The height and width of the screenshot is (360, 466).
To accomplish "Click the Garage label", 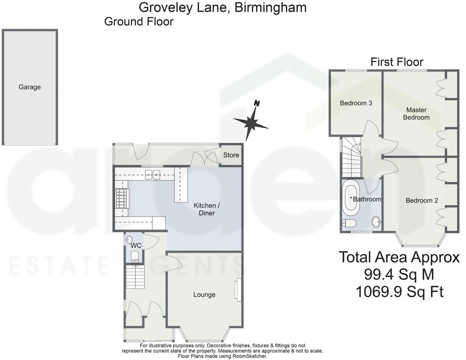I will point(30,87).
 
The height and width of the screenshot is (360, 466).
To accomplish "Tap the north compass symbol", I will point(251,122).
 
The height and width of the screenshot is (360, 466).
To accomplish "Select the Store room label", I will point(231,155).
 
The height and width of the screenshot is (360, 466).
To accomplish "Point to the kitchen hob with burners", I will point(122,198).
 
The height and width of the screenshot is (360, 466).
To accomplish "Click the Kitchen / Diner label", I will point(207,209).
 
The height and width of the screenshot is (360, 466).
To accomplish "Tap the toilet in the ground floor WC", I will point(135,256).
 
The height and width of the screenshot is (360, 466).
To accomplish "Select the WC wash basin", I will point(129,239).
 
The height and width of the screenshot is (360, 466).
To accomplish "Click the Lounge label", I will point(204,295).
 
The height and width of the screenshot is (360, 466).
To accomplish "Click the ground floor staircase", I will point(135,277).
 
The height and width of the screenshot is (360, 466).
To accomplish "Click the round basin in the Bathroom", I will point(376,222).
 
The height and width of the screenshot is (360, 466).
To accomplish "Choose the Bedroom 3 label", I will point(356,103).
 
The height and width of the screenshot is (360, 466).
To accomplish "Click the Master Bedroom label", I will point(416,114).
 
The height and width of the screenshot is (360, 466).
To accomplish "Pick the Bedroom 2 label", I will point(422,201).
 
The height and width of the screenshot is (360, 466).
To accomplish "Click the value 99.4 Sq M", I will point(399,274).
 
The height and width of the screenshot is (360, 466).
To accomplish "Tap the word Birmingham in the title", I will point(270,7).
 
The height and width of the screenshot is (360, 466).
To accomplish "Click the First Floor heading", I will point(397,62).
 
